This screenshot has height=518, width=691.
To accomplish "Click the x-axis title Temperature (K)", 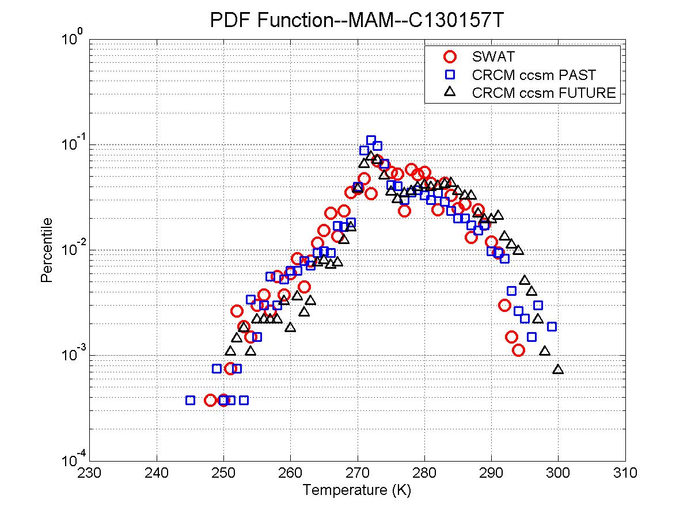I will click(357, 490).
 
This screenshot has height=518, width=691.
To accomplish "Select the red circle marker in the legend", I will click(450, 56).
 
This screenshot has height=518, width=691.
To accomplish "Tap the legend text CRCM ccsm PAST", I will click(534, 74).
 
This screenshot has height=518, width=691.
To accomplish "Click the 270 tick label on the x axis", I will click(358, 473).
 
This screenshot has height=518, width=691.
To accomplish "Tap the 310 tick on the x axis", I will click(625, 473).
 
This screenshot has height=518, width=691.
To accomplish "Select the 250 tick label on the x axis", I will click(223, 473).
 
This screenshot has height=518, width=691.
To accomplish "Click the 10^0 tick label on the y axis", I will click(73, 40).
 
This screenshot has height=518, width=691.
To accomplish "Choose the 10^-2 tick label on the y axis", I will click(71, 249).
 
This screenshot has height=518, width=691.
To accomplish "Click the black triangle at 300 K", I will click(558, 369).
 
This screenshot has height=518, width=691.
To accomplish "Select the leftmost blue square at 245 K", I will click(190, 400).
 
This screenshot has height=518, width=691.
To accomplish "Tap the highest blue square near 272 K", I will click(371, 140).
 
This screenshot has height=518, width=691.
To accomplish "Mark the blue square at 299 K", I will click(552, 326).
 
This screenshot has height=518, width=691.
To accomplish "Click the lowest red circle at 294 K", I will click(518, 350).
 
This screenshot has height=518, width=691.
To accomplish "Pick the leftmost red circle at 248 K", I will click(210, 400).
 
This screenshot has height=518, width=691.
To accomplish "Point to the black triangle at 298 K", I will click(545, 351).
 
